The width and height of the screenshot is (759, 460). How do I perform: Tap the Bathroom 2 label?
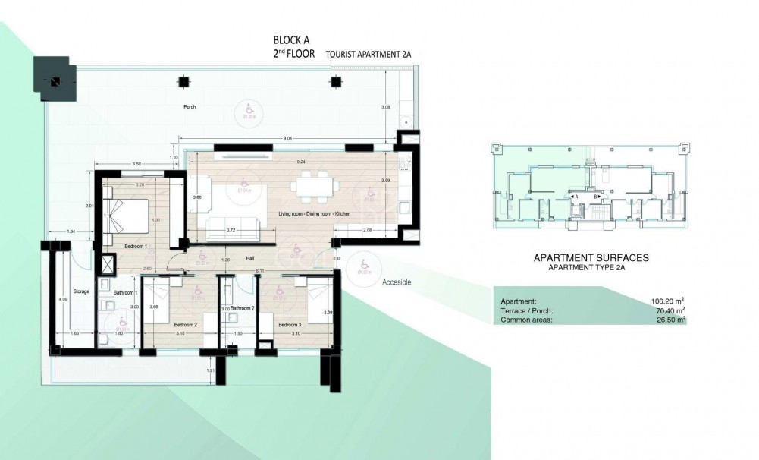pyautogui.click(x=242, y=308)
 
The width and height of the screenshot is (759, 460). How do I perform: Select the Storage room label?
pyautogui.click(x=82, y=291)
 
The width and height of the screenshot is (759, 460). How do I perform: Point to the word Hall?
pyautogui.click(x=250, y=258)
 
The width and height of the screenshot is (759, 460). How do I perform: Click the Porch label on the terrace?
pyautogui.click(x=190, y=107)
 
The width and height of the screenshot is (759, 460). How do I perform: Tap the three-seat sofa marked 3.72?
pyautogui.click(x=232, y=224)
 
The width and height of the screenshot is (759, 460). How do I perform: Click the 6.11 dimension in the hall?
pyautogui.click(x=260, y=271)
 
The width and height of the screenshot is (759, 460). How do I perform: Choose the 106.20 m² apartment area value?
pyautogui.click(x=668, y=301)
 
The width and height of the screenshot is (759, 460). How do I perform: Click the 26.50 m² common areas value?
pyautogui.click(x=670, y=320)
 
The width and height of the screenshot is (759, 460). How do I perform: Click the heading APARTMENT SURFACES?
pyautogui.click(x=591, y=258)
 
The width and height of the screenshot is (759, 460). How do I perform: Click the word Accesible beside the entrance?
pyautogui.click(x=397, y=282)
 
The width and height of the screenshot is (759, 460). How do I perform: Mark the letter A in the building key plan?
pyautogui.click(x=576, y=197)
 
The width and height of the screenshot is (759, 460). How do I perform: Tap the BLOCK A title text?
pyautogui.click(x=292, y=39)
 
